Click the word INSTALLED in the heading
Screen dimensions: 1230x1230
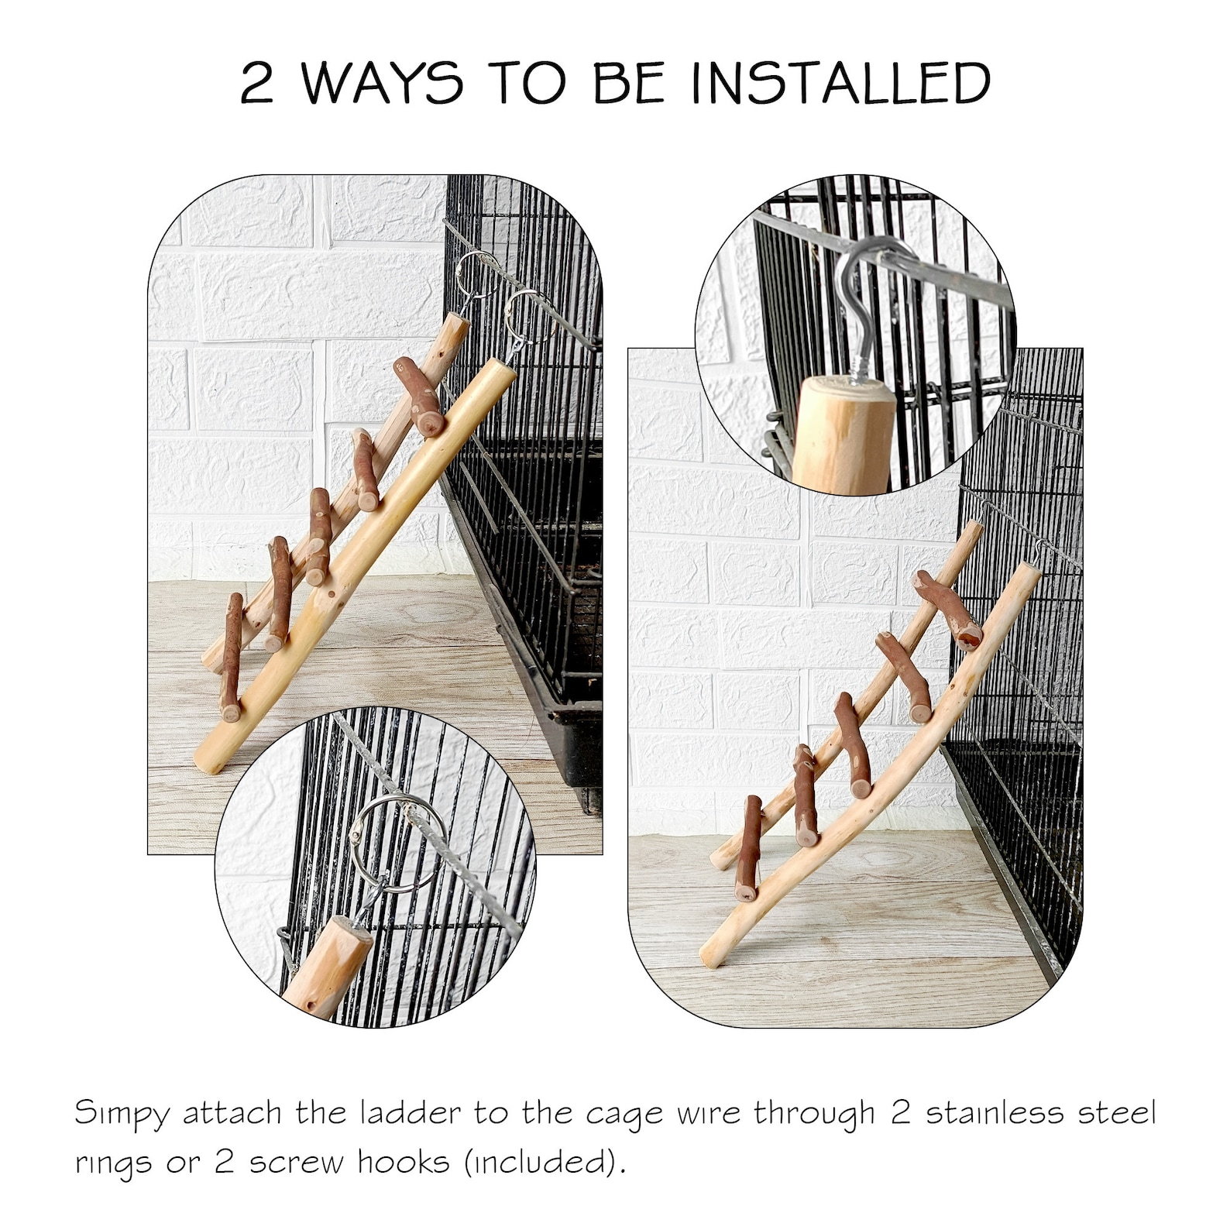(842, 83)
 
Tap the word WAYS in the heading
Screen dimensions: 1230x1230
(382, 83)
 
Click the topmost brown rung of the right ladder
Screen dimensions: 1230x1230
(948, 608)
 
